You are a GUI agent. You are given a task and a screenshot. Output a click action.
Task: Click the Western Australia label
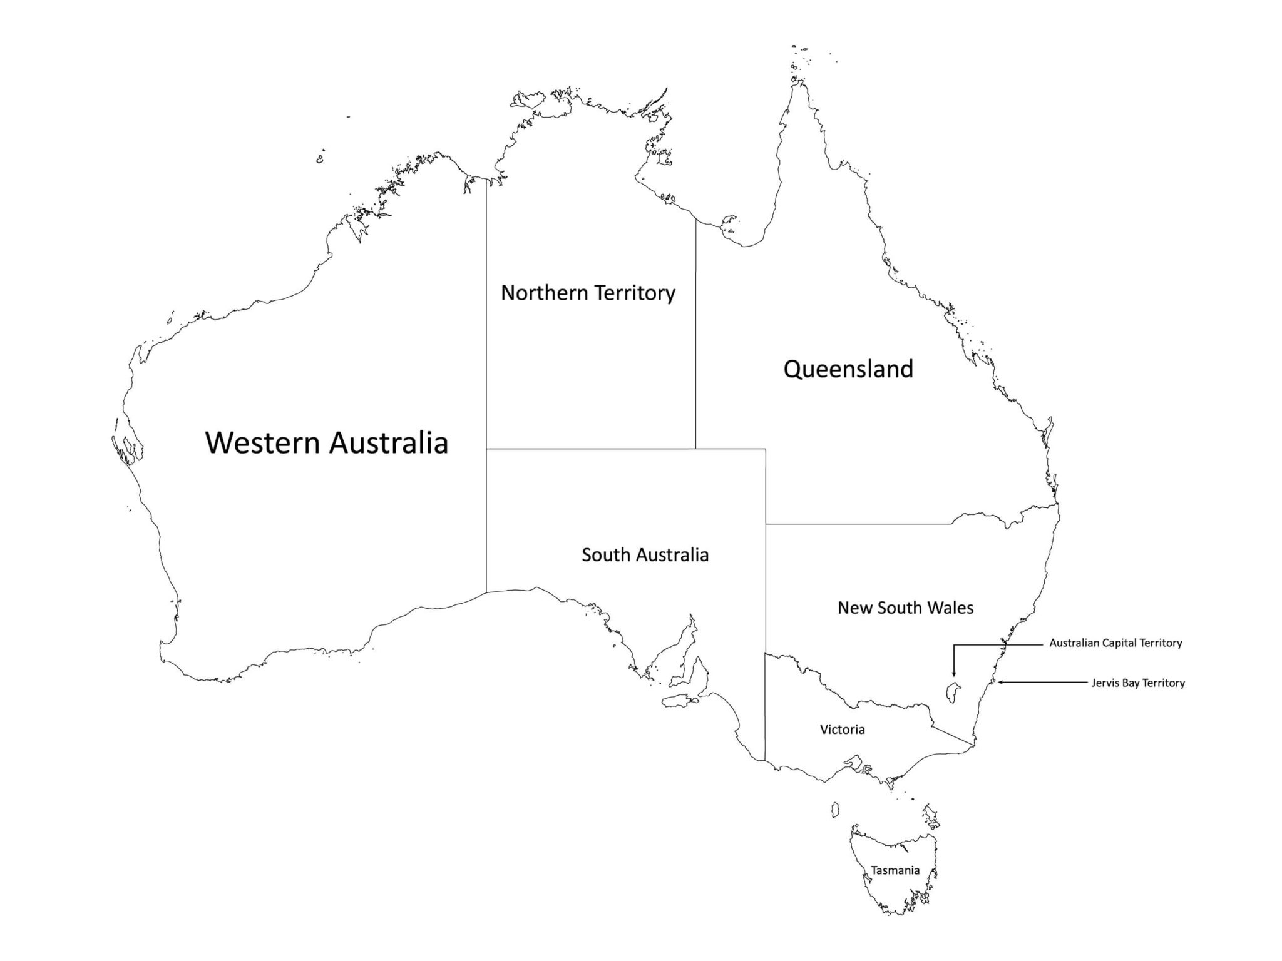[x=327, y=442]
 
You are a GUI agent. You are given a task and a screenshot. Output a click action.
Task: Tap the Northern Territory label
[x=588, y=293]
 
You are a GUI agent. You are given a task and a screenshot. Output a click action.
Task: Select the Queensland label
[x=848, y=369]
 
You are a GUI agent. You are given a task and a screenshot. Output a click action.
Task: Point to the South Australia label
[x=645, y=555]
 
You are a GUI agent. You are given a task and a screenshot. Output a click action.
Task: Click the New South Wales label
[x=905, y=608]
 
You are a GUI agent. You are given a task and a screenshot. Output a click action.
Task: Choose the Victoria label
[x=842, y=730]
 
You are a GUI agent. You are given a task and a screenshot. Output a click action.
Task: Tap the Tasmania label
[x=895, y=870]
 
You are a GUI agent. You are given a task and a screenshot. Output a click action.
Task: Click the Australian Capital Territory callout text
[x=1115, y=643]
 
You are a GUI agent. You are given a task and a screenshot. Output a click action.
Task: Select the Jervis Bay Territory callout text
[x=1137, y=683]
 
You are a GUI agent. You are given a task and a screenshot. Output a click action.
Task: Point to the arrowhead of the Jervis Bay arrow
[x=1000, y=682]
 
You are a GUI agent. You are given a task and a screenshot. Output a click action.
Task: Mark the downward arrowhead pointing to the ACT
[x=953, y=674]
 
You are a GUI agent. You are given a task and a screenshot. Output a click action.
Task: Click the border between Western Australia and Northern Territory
[x=486, y=313]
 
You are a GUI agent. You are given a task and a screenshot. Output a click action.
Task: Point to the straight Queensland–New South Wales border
[x=858, y=524]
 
